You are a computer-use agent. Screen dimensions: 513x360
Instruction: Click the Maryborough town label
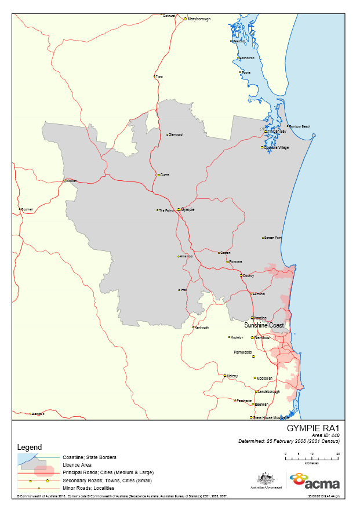(199, 19)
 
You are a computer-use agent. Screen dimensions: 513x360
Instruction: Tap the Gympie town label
(188, 209)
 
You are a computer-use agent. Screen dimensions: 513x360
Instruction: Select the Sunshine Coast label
(264, 326)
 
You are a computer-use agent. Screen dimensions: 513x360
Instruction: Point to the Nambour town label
(263, 337)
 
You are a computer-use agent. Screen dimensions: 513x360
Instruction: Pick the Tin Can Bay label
(277, 132)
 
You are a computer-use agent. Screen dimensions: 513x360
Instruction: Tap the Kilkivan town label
(71, 181)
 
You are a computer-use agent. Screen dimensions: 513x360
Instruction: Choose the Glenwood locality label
(175, 134)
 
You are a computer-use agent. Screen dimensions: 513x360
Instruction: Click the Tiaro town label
(159, 77)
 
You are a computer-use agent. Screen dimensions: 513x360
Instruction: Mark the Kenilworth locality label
(201, 328)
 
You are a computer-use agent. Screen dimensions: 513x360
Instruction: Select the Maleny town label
(232, 376)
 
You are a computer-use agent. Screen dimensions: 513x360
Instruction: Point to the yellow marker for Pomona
(228, 262)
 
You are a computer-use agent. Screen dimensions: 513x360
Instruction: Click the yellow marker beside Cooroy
(241, 276)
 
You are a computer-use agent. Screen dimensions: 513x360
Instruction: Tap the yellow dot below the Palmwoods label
(253, 357)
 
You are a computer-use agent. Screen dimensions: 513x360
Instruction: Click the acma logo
(315, 481)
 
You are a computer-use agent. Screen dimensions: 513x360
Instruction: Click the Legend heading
(30, 447)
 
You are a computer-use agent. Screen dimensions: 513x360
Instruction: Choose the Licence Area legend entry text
(77, 465)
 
